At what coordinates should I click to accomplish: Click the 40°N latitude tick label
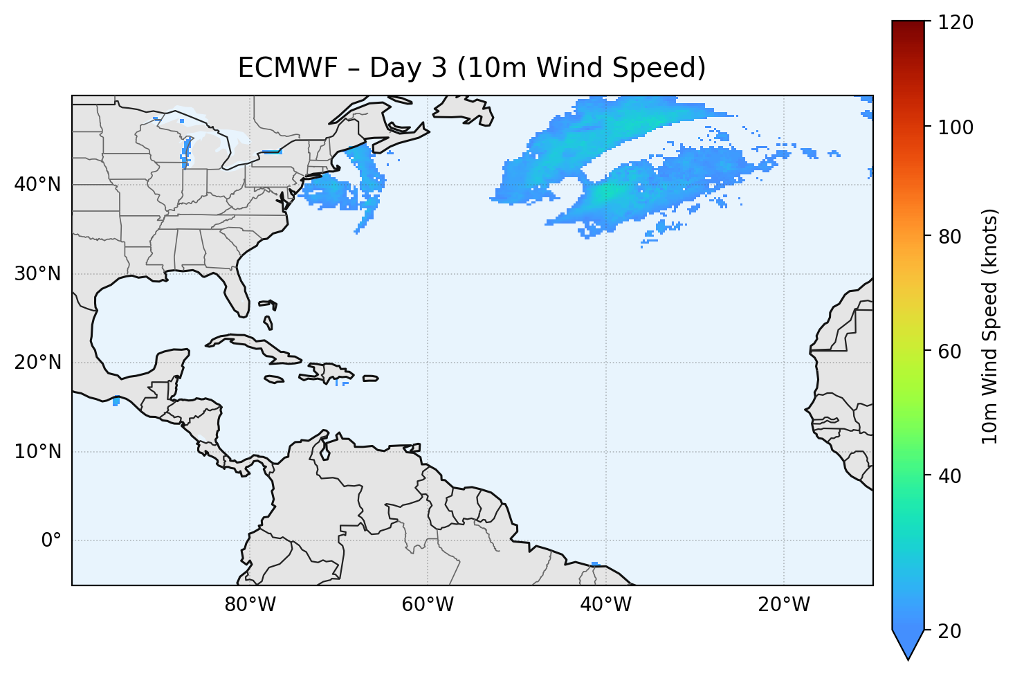tap(37, 185)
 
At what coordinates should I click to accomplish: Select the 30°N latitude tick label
tap(37, 274)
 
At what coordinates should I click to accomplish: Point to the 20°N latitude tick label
tap(37, 363)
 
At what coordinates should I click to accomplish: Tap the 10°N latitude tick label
tap(37, 452)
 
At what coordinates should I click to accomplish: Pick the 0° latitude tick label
tap(51, 540)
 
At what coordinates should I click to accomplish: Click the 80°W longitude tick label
tap(250, 605)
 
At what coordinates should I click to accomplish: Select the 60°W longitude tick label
tap(428, 605)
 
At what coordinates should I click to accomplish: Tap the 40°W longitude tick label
tap(605, 605)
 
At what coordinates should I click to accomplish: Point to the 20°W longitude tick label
tap(784, 605)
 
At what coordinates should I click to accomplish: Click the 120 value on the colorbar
tap(955, 23)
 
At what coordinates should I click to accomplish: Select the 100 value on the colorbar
tap(955, 127)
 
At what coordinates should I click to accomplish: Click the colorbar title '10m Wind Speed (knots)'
tap(990, 326)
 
